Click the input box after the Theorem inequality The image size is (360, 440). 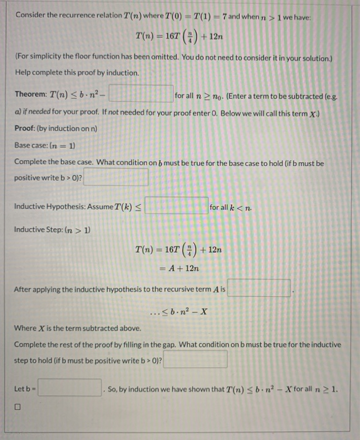pos(142,95)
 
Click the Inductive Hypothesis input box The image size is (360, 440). pos(177,206)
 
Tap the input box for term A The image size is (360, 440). pos(259,289)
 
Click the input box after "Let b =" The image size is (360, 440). pos(69,387)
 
